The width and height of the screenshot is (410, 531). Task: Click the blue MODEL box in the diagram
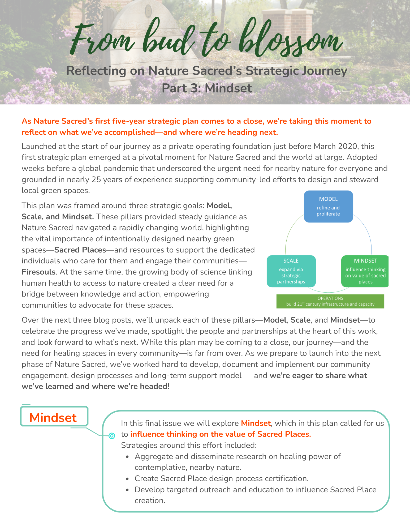point(328,206)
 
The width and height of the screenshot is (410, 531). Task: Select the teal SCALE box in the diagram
point(291,271)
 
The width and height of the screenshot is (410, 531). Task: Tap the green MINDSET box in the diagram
point(365,271)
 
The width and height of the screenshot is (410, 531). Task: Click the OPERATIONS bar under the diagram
point(330,301)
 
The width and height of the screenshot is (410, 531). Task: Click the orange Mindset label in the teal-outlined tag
point(53,418)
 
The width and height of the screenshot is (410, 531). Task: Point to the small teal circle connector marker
point(112,436)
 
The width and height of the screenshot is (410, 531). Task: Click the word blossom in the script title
point(289,40)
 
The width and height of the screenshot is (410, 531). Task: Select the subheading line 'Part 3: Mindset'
point(207,88)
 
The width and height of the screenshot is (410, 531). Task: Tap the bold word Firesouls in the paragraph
point(39,272)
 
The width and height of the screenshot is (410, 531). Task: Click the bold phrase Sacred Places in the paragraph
point(80,250)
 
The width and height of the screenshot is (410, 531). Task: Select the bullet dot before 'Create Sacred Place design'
point(128,479)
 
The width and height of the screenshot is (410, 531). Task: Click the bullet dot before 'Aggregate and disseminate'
point(128,457)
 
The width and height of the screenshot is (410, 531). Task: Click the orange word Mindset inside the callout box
point(256,423)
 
